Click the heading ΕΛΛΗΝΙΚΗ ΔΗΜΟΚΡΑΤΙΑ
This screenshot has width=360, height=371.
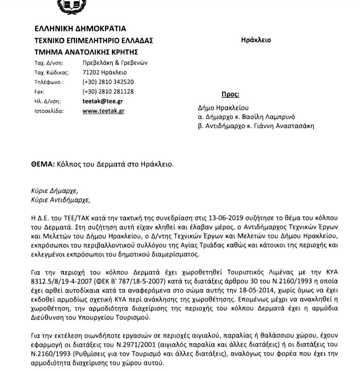click(80, 29)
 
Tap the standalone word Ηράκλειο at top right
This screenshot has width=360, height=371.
click(256, 40)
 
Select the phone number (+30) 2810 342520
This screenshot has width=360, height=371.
click(108, 82)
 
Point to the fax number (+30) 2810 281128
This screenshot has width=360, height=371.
click(108, 92)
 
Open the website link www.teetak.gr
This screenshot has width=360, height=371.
click(103, 111)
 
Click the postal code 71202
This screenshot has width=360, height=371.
click(90, 73)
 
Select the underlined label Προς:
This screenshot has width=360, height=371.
click(230, 95)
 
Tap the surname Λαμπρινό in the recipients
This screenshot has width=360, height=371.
click(278, 117)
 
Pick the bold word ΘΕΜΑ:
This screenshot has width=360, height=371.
click(42, 165)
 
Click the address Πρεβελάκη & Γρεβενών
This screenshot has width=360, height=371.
click(115, 63)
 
